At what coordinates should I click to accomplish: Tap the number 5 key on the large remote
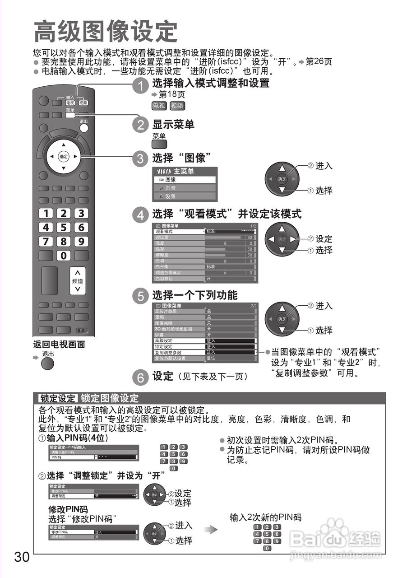(x=64, y=227)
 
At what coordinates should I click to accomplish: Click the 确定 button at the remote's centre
(x=64, y=157)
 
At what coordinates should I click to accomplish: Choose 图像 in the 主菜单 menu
(x=185, y=179)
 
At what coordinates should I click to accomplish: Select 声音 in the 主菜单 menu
(x=185, y=188)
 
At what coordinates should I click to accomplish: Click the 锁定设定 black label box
(x=58, y=398)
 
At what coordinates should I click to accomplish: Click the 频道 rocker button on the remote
(x=78, y=280)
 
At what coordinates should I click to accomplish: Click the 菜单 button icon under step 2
(x=159, y=144)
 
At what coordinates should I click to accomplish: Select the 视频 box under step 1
(x=177, y=106)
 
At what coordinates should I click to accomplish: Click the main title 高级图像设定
(x=106, y=32)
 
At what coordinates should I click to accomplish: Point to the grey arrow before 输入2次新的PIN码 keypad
(x=211, y=530)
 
